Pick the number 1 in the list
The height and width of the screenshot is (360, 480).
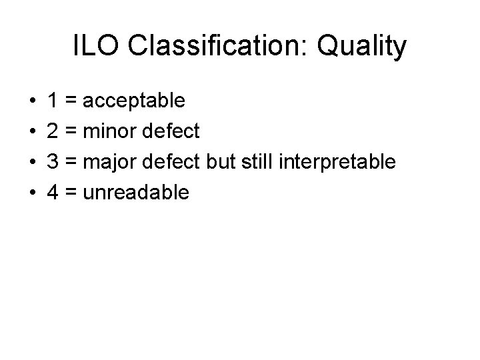52,101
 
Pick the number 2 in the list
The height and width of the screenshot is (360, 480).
52,131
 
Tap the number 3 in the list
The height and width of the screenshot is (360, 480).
52,162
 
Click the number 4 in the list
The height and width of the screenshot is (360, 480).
52,193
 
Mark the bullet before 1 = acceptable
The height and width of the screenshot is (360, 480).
32,101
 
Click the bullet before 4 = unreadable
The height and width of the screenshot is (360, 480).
32,193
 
